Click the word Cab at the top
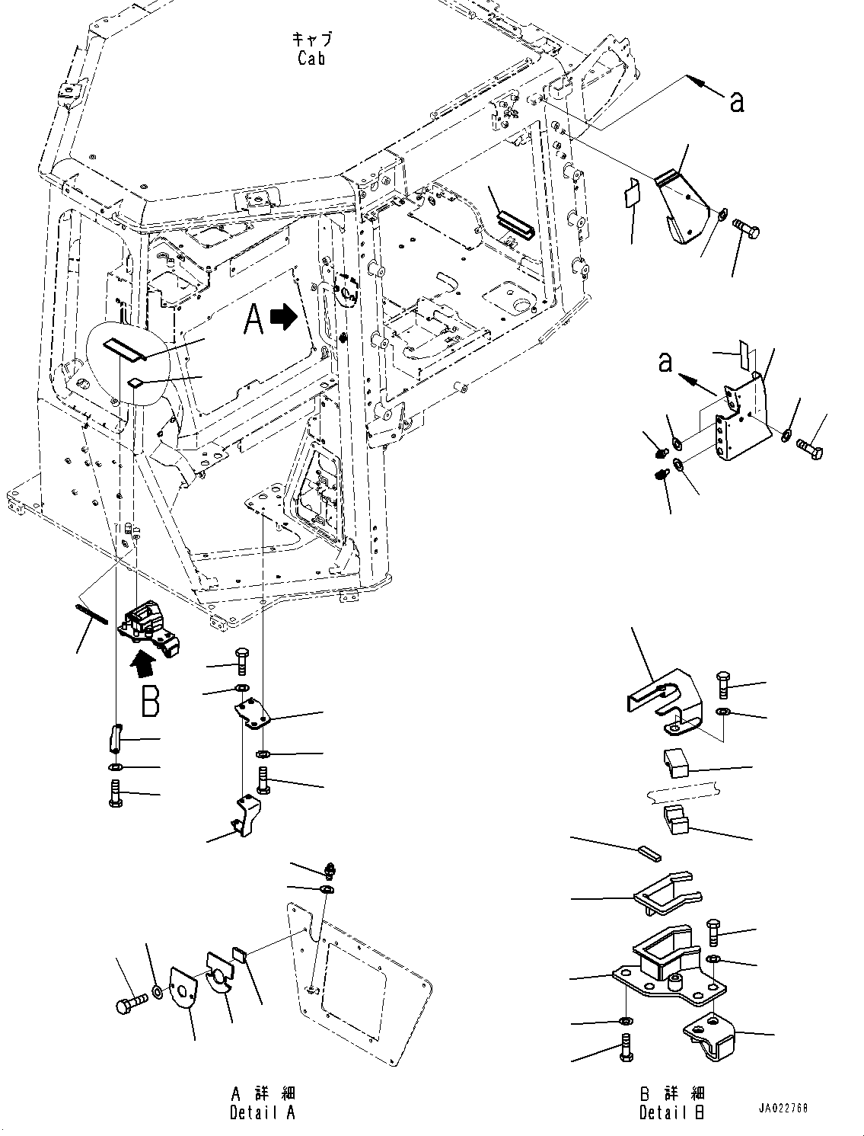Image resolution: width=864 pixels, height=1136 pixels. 311,58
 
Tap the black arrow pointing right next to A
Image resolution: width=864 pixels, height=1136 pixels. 285,317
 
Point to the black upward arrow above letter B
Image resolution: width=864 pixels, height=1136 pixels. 143,665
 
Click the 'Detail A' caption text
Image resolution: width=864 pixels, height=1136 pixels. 263,1112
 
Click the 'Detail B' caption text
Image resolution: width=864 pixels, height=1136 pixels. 671,1112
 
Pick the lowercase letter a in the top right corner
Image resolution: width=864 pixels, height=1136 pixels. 737,101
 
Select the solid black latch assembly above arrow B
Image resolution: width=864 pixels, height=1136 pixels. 149,627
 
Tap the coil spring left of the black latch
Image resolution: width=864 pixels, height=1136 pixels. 91,614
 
